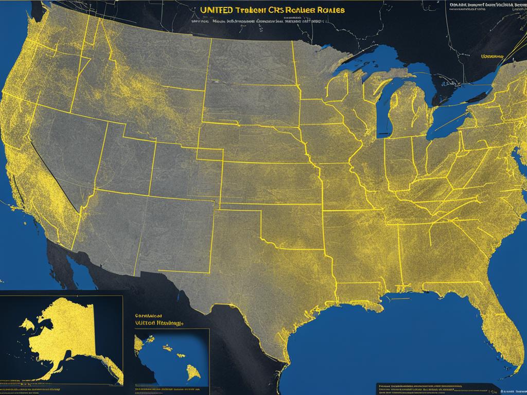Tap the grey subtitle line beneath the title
[257, 22]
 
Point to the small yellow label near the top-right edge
[492, 56]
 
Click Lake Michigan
[383, 111]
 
